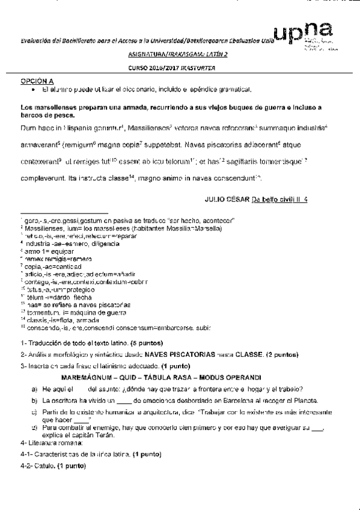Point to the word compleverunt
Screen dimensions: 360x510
tap(46, 179)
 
